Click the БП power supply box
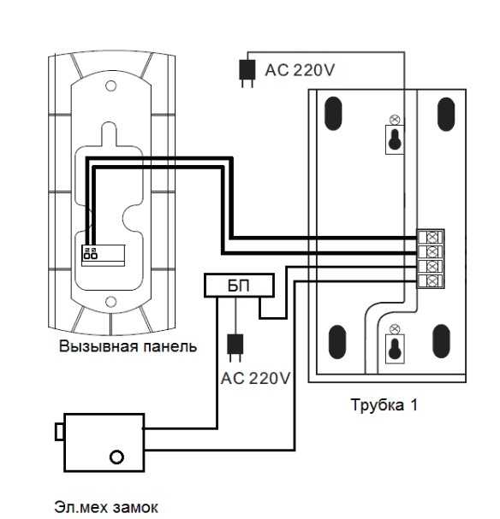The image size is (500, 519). point(239,286)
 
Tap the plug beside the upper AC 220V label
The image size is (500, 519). point(247,74)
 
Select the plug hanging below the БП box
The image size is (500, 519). point(235,347)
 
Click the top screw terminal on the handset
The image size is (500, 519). point(432,237)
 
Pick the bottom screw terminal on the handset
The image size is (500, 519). point(432,281)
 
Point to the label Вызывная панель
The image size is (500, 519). point(128,347)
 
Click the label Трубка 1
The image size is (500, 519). point(384,405)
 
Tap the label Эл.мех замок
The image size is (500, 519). point(106,507)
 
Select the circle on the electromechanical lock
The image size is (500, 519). point(116,457)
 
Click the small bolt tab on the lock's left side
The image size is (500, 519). point(60,432)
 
